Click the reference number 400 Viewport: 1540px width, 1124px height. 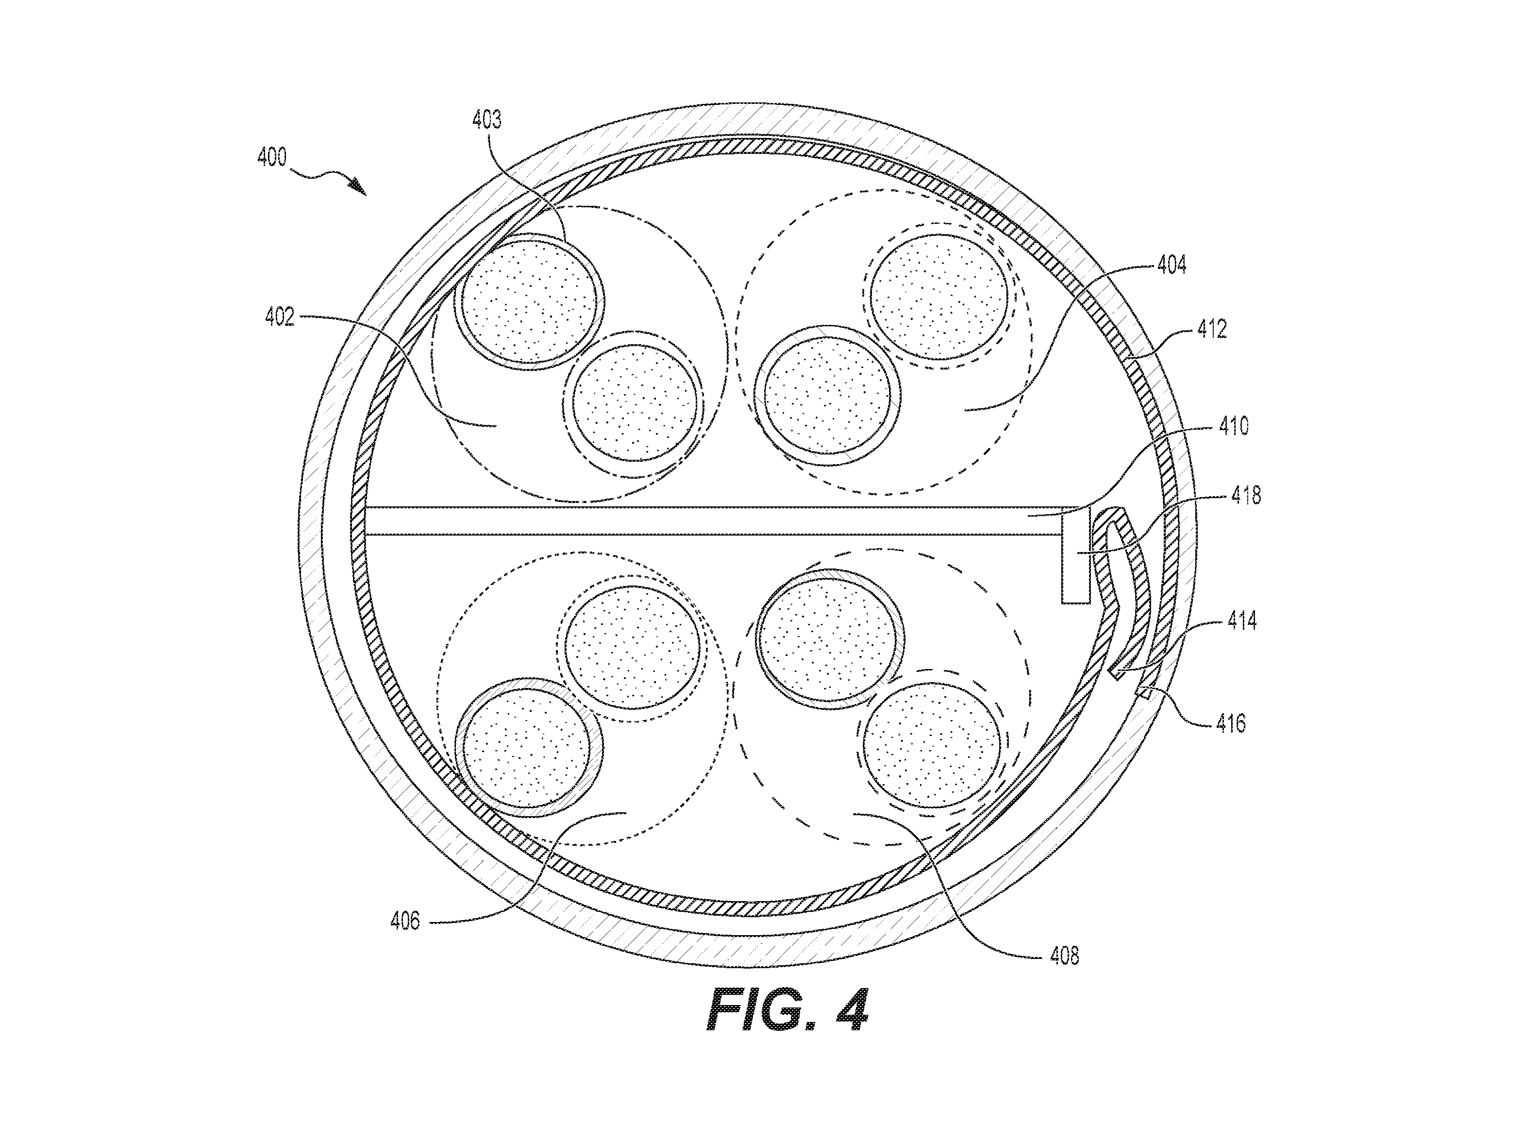click(x=272, y=158)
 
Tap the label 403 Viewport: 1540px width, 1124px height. click(x=487, y=120)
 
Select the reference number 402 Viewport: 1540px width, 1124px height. click(x=280, y=317)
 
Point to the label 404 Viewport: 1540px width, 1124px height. click(x=1172, y=265)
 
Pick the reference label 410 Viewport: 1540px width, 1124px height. click(x=1234, y=427)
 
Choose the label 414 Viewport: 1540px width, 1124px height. click(x=1242, y=621)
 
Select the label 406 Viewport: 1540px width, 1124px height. click(x=405, y=922)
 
